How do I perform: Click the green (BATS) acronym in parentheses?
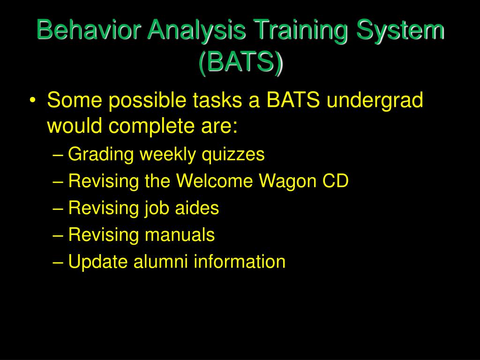point(241,62)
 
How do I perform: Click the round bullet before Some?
point(33,100)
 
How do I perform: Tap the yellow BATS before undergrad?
point(293,100)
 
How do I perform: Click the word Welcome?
point(215,180)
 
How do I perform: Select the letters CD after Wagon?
point(336,180)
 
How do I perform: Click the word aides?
point(197,208)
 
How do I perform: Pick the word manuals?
point(180,234)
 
